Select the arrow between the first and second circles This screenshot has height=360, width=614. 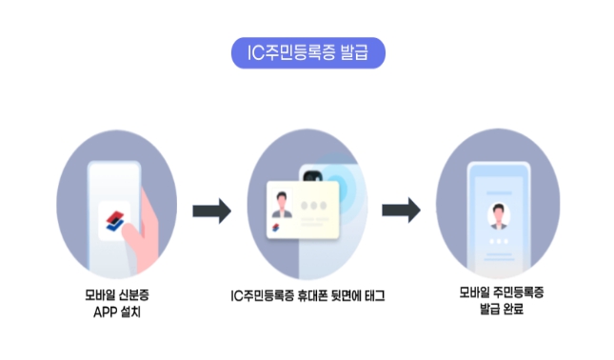click(211, 211)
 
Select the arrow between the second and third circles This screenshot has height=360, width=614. click(401, 211)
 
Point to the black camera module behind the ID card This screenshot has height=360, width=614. click(311, 174)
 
